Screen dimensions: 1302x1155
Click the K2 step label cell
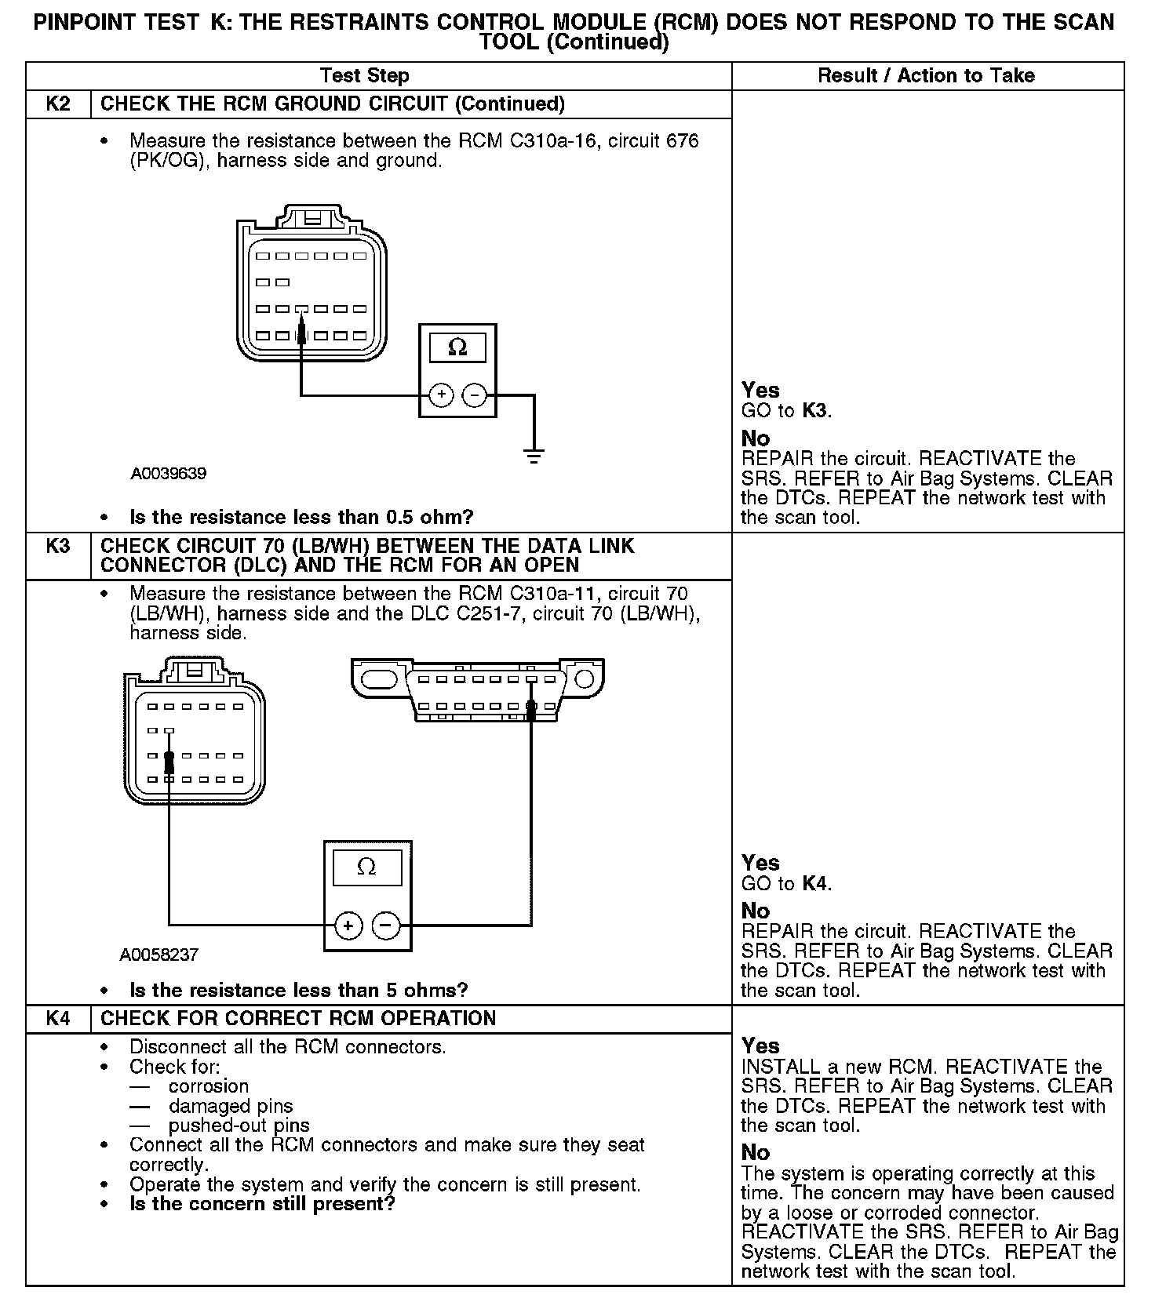point(58,104)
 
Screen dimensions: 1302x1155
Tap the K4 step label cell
point(58,1018)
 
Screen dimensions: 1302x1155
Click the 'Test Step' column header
point(365,76)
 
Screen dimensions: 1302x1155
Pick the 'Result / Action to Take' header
point(926,76)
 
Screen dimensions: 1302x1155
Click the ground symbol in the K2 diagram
point(534,455)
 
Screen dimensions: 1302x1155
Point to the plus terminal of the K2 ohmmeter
point(442,395)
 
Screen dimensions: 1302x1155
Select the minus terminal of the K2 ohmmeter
point(474,395)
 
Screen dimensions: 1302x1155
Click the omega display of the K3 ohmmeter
point(367,867)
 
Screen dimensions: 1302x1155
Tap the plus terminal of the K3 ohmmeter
point(348,926)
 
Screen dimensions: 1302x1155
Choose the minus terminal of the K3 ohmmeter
point(385,926)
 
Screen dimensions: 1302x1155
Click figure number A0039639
point(169,474)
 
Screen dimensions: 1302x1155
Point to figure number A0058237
point(159,955)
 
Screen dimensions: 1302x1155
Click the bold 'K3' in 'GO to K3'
point(815,410)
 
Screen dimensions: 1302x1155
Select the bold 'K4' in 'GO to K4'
point(815,884)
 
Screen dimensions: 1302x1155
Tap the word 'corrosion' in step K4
point(209,1086)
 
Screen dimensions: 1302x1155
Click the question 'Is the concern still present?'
point(262,1204)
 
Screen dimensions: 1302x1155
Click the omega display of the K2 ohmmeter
point(457,347)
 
